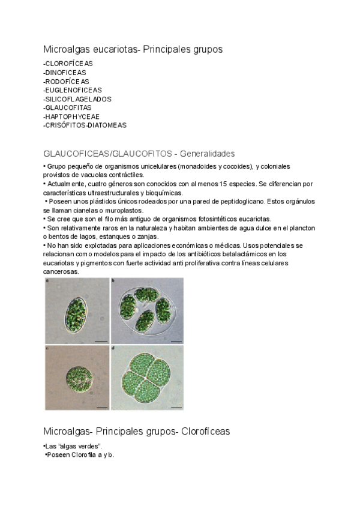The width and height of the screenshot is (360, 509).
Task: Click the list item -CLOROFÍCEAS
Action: click(x=68, y=63)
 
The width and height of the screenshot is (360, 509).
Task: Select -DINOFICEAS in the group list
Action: click(x=65, y=72)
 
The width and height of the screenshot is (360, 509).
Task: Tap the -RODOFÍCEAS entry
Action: click(x=66, y=81)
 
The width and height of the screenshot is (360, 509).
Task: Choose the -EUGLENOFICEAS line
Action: click(x=73, y=90)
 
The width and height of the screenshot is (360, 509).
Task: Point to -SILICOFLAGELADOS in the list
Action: click(x=77, y=99)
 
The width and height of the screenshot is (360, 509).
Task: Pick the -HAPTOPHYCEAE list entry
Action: click(x=71, y=116)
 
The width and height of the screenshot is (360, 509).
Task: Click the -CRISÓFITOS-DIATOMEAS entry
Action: click(x=85, y=125)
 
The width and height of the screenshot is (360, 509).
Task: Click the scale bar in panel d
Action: click(x=176, y=408)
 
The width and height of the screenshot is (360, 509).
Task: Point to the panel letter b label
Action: click(x=113, y=280)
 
